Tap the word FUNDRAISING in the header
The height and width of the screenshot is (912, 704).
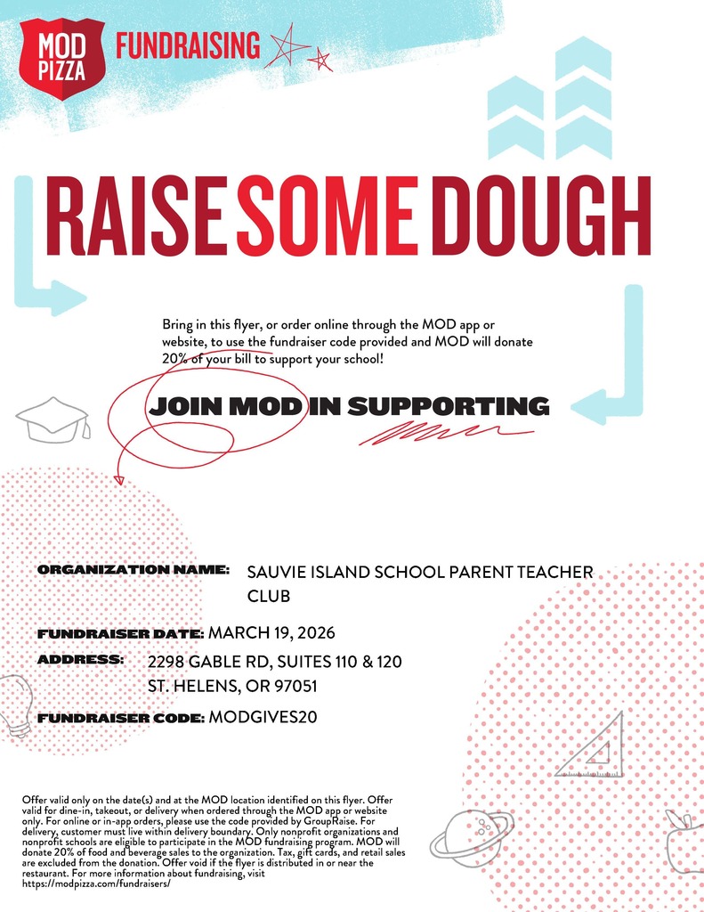coord(188,45)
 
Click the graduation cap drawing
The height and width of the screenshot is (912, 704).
coord(55,418)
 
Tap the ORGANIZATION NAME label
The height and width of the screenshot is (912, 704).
coord(134,568)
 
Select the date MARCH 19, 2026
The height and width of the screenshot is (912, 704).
coord(271,633)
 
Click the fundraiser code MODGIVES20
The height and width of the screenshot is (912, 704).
coord(263,717)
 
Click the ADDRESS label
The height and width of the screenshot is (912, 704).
coord(80,660)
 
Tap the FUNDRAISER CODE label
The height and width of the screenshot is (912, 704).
coord(121,717)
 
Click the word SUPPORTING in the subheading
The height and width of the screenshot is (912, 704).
coord(448,407)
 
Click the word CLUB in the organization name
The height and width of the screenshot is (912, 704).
coord(268,595)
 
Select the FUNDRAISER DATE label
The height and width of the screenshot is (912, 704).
coord(121,634)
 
